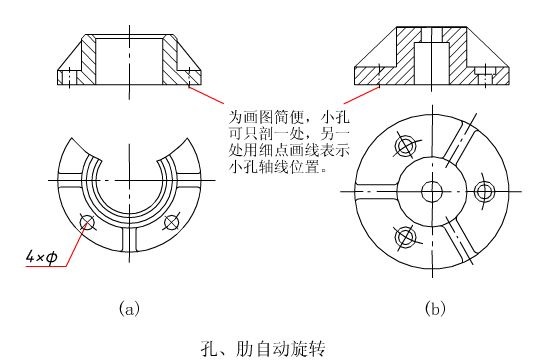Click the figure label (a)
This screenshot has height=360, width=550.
129,308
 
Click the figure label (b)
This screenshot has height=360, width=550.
435,308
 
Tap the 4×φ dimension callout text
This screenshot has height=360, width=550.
41,258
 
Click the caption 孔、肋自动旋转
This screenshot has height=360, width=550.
263,348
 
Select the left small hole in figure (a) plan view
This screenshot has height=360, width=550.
87,222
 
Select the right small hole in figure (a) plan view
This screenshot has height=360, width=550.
171,222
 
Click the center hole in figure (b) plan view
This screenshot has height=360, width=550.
432,191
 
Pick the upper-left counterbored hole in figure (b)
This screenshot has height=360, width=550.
405,145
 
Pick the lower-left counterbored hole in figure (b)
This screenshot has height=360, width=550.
405,237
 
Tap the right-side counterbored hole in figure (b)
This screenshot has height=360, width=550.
485,191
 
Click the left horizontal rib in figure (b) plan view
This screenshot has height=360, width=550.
376,191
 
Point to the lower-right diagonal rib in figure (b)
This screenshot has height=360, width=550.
461,239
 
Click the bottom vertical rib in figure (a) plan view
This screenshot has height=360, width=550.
129,239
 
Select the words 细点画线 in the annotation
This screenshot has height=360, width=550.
289,151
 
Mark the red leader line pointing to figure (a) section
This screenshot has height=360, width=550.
206,94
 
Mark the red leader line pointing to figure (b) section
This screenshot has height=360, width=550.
361,94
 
